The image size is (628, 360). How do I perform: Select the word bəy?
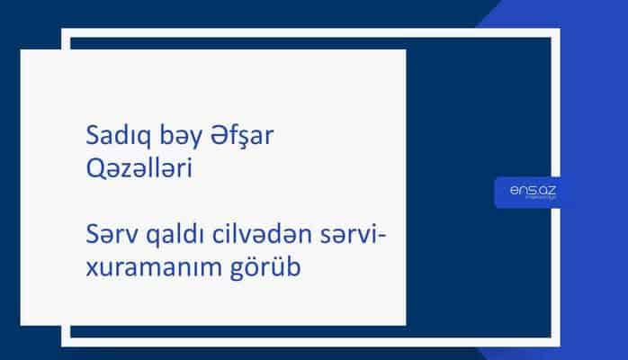161,139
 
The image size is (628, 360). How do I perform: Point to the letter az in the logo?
543,189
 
